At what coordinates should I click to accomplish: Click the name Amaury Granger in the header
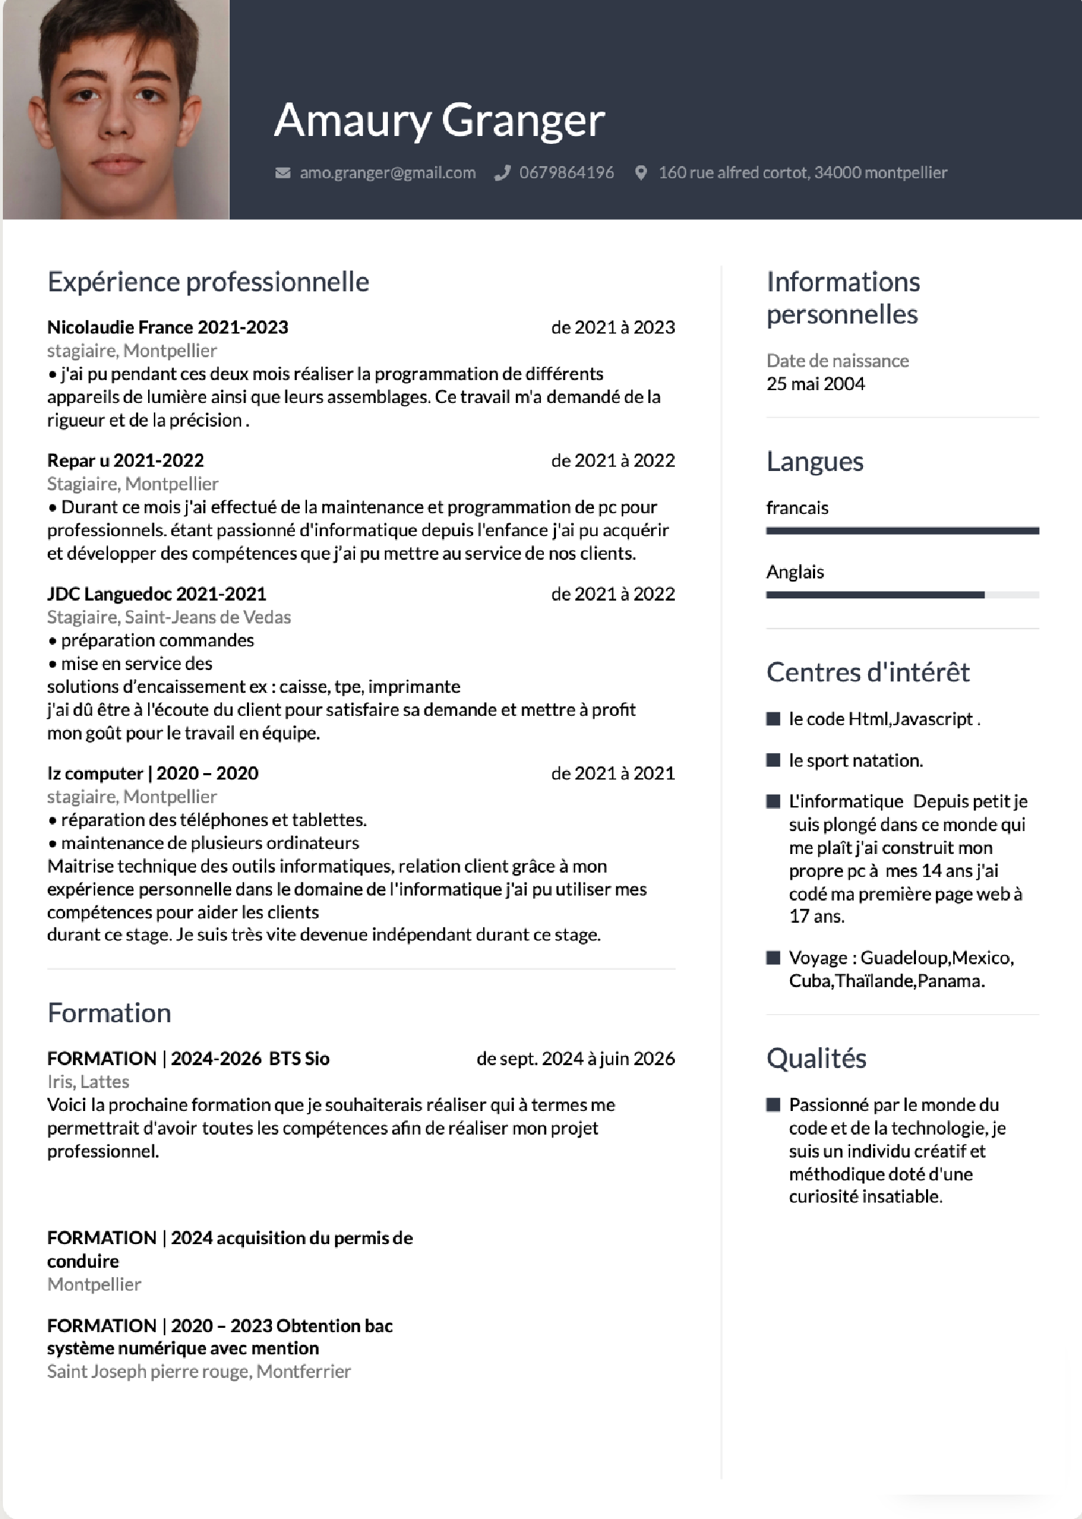[439, 120]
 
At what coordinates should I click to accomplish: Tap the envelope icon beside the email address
[283, 173]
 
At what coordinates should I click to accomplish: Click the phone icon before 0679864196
[502, 173]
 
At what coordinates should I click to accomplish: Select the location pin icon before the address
[641, 173]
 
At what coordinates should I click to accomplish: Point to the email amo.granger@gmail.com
[387, 173]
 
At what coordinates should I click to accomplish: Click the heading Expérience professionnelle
[208, 282]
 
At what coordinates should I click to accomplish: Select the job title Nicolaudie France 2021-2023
[167, 327]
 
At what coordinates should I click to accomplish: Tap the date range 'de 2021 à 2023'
[613, 327]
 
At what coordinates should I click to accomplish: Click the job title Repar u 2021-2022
[125, 460]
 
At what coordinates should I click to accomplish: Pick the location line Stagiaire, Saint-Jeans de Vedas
[169, 617]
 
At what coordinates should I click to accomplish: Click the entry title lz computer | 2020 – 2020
[152, 773]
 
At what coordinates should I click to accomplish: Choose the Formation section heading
[109, 1013]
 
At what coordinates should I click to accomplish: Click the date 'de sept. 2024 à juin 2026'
[575, 1058]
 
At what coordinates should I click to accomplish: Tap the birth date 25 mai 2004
[815, 384]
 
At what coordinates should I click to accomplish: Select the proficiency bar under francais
[902, 531]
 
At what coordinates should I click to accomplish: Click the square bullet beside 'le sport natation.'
[773, 760]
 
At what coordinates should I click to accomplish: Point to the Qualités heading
[816, 1058]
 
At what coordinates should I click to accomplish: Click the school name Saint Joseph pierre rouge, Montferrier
[199, 1372]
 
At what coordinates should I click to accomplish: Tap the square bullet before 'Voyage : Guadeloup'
[773, 958]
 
